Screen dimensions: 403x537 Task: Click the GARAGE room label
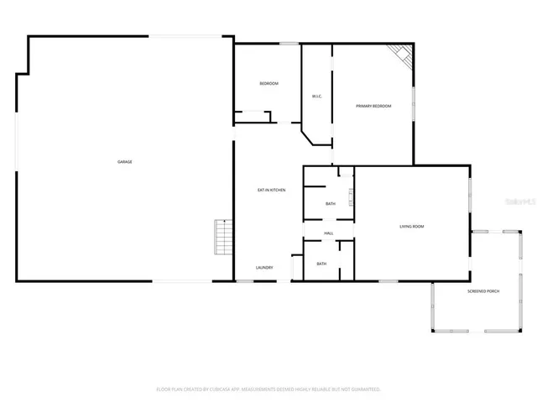124,161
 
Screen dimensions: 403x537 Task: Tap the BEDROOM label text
268,83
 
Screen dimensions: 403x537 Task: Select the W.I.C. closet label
317,97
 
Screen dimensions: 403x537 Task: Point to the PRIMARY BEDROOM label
373,106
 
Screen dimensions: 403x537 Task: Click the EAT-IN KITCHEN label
271,190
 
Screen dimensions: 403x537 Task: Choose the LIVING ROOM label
411,227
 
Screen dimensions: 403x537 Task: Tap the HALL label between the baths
329,233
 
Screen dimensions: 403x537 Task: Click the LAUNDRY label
264,268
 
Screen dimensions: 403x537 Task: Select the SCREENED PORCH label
483,290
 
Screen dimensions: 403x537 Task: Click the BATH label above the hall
331,204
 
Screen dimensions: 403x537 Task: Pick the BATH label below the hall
321,264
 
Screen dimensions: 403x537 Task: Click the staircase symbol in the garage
222,238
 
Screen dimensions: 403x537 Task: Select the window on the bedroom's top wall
289,43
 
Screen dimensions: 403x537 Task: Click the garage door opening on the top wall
191,36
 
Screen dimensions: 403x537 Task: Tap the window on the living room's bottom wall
388,281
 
